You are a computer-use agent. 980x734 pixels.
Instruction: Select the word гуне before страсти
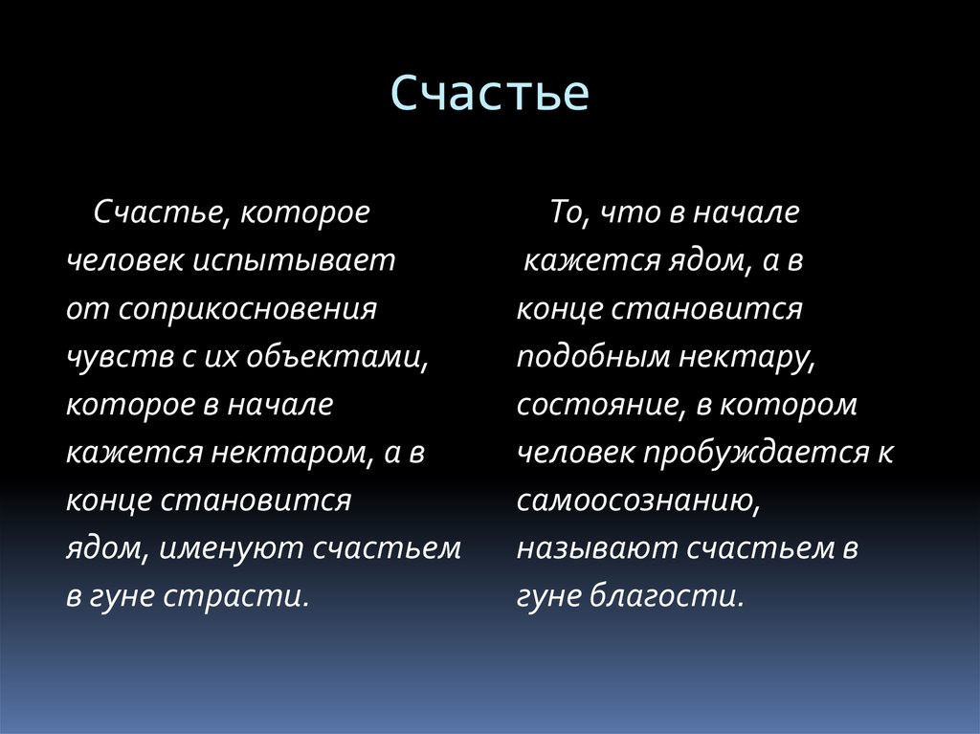click(x=121, y=596)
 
